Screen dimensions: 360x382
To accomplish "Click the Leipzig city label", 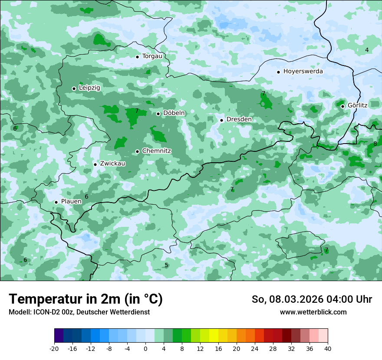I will click(89, 88).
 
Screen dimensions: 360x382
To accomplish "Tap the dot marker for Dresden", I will click(221, 120).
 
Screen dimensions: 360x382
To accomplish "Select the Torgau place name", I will click(152, 56).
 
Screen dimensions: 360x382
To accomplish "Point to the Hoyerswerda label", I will click(303, 72).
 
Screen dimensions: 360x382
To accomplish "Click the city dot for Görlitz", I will click(342, 106).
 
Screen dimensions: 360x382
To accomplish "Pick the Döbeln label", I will click(174, 113).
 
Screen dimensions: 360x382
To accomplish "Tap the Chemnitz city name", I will click(156, 151).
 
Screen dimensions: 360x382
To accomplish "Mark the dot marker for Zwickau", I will click(95, 164).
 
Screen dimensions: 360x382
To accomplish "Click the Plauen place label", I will click(71, 202).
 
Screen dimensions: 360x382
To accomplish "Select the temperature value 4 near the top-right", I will click(367, 50).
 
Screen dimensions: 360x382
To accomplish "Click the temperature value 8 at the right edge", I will click(375, 144).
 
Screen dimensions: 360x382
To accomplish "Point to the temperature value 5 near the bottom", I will click(166, 265).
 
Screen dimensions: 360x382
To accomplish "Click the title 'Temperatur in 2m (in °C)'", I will click(86, 299).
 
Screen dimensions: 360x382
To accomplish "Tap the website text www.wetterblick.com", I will click(313, 312).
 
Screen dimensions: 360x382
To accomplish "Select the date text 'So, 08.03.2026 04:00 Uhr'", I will click(312, 299).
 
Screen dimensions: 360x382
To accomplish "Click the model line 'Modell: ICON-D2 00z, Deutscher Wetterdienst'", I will click(79, 312).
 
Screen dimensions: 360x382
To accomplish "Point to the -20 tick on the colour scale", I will click(54, 349).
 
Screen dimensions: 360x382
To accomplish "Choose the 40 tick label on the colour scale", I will click(327, 349).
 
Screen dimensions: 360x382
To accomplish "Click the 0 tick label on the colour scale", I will click(145, 349).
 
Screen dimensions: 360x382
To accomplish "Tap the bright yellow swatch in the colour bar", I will click(214, 336).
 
